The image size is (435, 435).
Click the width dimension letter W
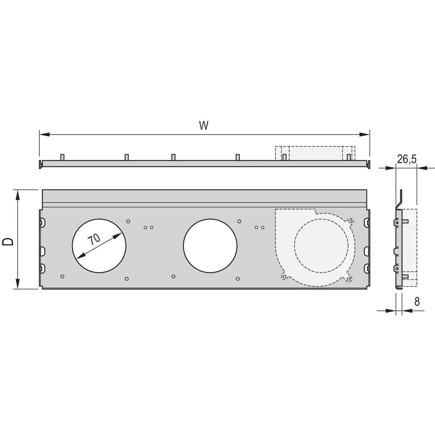click(x=204, y=125)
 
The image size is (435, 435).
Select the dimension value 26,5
click(x=406, y=159)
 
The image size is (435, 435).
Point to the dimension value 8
click(x=417, y=302)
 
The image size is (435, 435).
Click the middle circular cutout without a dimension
click(x=210, y=245)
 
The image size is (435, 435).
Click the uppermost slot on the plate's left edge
click(x=42, y=221)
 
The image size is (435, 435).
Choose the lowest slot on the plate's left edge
click(x=42, y=268)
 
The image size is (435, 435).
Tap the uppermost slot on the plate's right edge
click(x=366, y=221)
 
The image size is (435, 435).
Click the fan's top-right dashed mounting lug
click(x=350, y=220)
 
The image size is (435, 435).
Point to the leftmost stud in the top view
click(x=62, y=157)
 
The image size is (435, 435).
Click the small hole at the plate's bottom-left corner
click(x=62, y=277)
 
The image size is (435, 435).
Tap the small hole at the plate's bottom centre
click(x=174, y=277)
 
